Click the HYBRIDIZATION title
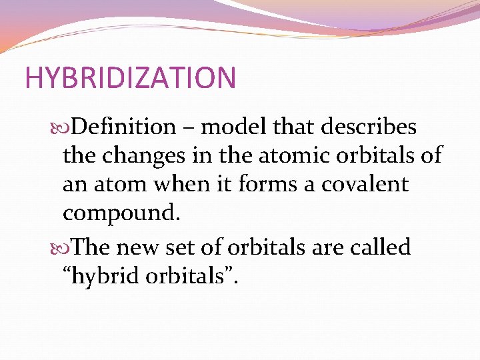coord(130,78)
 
